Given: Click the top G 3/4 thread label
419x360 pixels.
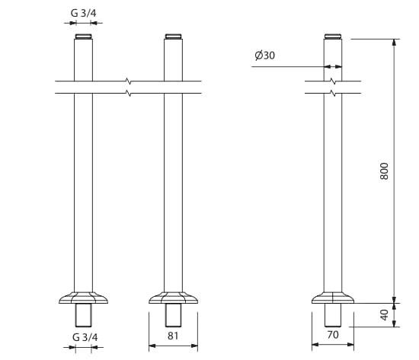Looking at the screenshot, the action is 83,13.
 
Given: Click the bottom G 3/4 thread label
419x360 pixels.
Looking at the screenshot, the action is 85,337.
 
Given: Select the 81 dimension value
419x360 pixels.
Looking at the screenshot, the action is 173,336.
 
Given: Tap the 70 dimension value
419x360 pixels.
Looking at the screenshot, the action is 333,335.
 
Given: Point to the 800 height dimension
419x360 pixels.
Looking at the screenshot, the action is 384,171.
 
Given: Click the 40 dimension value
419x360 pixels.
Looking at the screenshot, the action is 384,315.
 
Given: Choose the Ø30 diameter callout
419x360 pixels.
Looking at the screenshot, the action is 264,56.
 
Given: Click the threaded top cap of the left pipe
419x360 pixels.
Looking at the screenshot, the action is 83,37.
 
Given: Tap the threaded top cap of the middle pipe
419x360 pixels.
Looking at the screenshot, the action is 173,37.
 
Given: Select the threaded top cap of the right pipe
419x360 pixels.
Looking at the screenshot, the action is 333,37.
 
